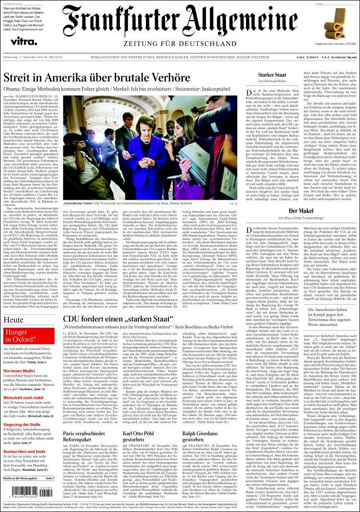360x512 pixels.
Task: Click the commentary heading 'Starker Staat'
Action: pyautogui.click(x=272, y=75)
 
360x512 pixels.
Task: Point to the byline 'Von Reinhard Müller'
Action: pyautogui.click(x=272, y=82)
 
